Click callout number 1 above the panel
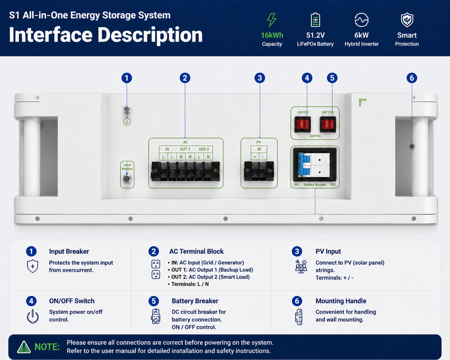coord(127,78)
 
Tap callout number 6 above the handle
coord(412,78)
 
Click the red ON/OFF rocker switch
coord(303,124)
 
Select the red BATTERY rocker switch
coord(328,124)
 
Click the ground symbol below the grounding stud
coord(127,122)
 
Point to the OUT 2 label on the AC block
coord(204,149)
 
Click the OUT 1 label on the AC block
coord(185,149)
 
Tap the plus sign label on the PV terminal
coord(255,157)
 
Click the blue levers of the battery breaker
coord(304,164)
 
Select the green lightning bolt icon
coord(271,20)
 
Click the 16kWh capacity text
coord(272,35)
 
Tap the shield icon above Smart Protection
coord(407,20)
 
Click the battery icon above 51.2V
coord(315,20)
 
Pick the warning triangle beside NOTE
coord(24,347)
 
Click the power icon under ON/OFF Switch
coord(33,316)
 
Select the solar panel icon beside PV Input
coord(301,266)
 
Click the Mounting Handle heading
coord(341,301)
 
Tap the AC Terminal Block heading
coord(196,251)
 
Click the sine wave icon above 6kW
coord(361,20)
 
